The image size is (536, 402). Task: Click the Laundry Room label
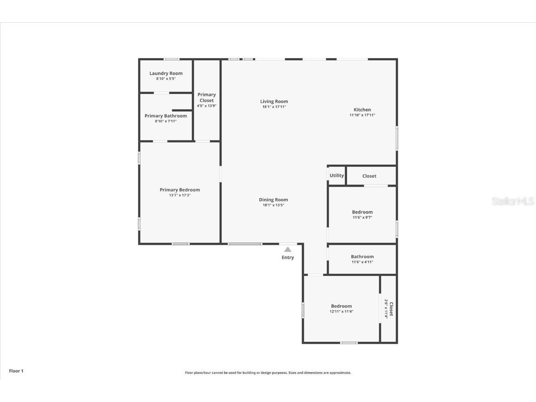[x=166, y=74]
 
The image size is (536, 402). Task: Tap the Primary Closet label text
[x=207, y=98]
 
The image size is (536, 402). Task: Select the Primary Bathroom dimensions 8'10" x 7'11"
[x=166, y=121]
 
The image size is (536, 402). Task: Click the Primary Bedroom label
[x=180, y=190]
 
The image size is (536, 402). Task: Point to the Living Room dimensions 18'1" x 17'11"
[x=274, y=107]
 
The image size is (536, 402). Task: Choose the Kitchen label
[x=362, y=110]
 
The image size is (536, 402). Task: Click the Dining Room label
[x=274, y=200]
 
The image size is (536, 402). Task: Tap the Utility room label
[x=336, y=176]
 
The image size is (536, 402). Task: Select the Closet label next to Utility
[x=369, y=176]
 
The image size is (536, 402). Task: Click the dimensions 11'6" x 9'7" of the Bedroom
[x=362, y=217]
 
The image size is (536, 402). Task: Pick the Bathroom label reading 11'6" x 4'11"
[x=362, y=257]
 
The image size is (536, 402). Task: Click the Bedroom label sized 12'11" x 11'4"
[x=341, y=306]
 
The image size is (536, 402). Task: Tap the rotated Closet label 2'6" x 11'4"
[x=389, y=309]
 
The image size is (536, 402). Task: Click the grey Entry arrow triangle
[x=288, y=250]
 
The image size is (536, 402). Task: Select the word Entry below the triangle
[x=288, y=258]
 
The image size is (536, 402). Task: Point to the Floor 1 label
[x=16, y=371]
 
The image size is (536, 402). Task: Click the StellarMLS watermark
[x=513, y=201]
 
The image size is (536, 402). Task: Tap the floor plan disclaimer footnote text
[x=268, y=373]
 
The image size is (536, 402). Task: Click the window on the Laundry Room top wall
[x=171, y=59]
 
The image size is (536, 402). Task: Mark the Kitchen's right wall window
[x=396, y=138]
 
